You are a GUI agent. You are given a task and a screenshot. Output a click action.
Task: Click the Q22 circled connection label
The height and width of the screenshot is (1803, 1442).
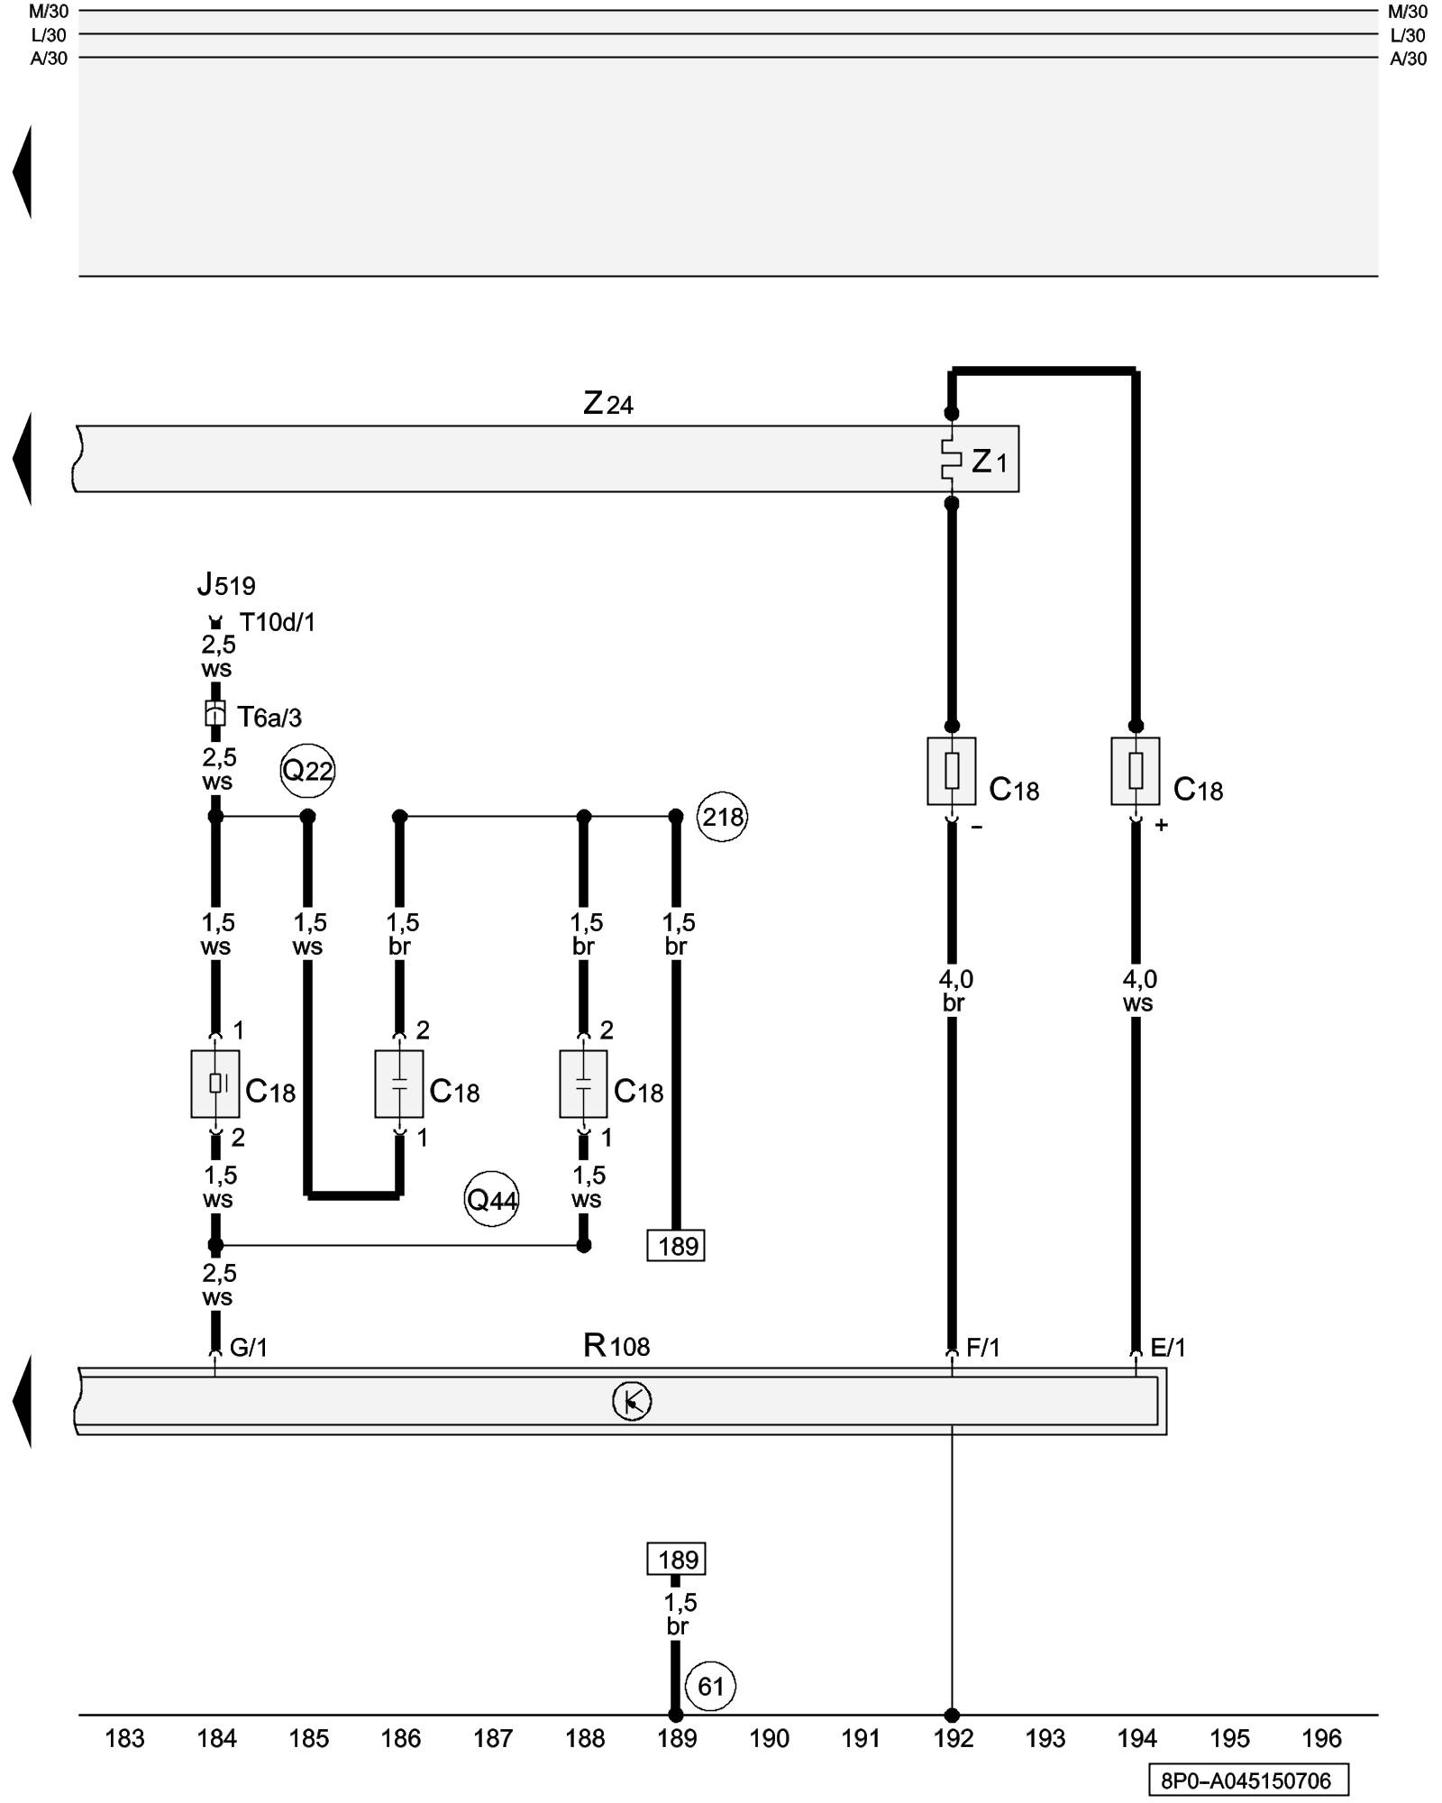(307, 771)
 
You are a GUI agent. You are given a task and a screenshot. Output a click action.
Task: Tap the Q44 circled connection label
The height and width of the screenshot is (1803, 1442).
(491, 1199)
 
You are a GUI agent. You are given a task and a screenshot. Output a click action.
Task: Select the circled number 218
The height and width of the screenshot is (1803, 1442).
(723, 817)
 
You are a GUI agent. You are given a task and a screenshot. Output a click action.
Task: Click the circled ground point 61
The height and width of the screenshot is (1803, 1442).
(710, 1686)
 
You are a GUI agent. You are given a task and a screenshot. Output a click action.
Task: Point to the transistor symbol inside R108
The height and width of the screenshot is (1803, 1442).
(632, 1401)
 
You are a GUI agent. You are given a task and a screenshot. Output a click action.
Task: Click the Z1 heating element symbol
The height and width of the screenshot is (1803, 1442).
(951, 460)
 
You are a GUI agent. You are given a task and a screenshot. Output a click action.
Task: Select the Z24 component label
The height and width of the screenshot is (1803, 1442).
(608, 403)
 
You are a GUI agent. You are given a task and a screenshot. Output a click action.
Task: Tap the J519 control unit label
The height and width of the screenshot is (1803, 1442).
(226, 585)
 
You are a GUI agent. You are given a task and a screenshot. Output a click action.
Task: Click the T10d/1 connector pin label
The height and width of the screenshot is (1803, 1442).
(278, 622)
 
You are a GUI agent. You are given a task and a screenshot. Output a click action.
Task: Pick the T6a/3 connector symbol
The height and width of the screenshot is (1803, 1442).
(215, 715)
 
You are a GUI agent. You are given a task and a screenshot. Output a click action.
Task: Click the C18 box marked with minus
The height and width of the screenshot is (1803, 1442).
(952, 771)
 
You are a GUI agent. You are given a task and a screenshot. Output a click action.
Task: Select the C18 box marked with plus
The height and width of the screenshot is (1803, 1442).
(1136, 771)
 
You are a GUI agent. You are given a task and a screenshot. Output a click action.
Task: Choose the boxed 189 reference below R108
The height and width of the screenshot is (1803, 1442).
(676, 1559)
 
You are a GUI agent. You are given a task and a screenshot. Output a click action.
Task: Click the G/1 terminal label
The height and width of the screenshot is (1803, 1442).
(249, 1347)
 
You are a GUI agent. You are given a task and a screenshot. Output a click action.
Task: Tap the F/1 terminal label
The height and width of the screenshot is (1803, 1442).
(983, 1347)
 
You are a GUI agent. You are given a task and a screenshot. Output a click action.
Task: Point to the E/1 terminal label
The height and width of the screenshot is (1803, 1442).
(1168, 1347)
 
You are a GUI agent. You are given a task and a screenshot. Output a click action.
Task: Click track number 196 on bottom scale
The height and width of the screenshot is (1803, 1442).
(1321, 1738)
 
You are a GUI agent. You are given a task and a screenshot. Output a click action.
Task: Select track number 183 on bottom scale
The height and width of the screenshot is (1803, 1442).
(124, 1738)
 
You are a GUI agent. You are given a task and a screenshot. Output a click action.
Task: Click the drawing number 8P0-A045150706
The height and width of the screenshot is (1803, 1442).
(1247, 1780)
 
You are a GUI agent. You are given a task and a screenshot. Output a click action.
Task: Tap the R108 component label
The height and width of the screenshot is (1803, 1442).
(616, 1346)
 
